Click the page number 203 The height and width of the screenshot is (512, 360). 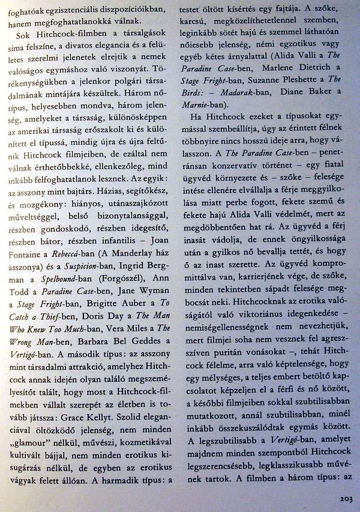[x=346, y=498]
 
